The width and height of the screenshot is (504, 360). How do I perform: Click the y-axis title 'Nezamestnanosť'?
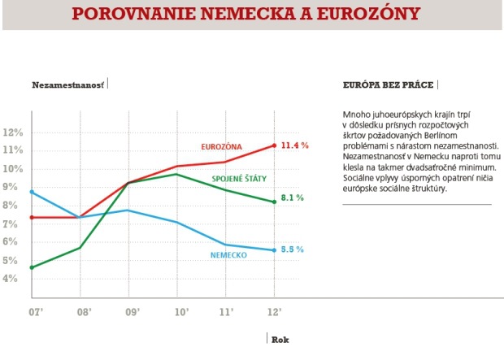pyautogui.click(x=68, y=84)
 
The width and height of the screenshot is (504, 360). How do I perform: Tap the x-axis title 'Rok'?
pyautogui.click(x=280, y=340)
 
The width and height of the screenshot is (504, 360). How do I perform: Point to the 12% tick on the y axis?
pyautogui.click(x=14, y=132)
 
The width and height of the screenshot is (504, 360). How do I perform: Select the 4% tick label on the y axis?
pyautogui.click(x=14, y=279)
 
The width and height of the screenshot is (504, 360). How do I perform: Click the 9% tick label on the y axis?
pyautogui.click(x=14, y=187)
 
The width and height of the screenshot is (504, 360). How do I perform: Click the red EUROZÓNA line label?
pyautogui.click(x=222, y=147)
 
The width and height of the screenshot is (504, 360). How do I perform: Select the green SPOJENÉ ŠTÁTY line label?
pyautogui.click(x=239, y=178)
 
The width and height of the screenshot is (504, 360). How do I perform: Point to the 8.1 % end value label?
pyautogui.click(x=293, y=197)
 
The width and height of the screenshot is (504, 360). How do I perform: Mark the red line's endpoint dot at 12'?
pyautogui.click(x=275, y=145)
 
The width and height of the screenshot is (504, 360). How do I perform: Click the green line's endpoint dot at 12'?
pyautogui.click(x=275, y=202)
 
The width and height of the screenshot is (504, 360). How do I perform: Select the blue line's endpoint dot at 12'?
pyautogui.click(x=275, y=250)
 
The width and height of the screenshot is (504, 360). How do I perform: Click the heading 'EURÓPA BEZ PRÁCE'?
pyautogui.click(x=386, y=84)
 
